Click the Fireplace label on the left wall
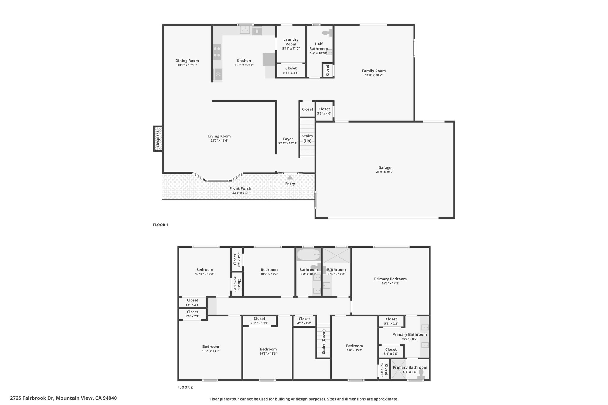point(158,139)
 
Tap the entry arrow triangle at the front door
point(290,177)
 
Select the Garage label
point(385,167)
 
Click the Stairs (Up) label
point(307,139)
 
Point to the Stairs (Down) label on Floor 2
point(324,342)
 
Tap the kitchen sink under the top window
point(245,30)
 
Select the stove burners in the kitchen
point(217,52)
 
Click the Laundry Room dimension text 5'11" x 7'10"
point(291,49)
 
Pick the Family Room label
point(374,71)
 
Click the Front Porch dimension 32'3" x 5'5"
point(240,193)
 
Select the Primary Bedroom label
point(390,279)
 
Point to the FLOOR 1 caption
point(161,225)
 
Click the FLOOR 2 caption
point(185,387)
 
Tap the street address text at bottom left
point(64,398)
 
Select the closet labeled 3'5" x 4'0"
point(324,111)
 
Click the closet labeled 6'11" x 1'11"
point(259,320)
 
